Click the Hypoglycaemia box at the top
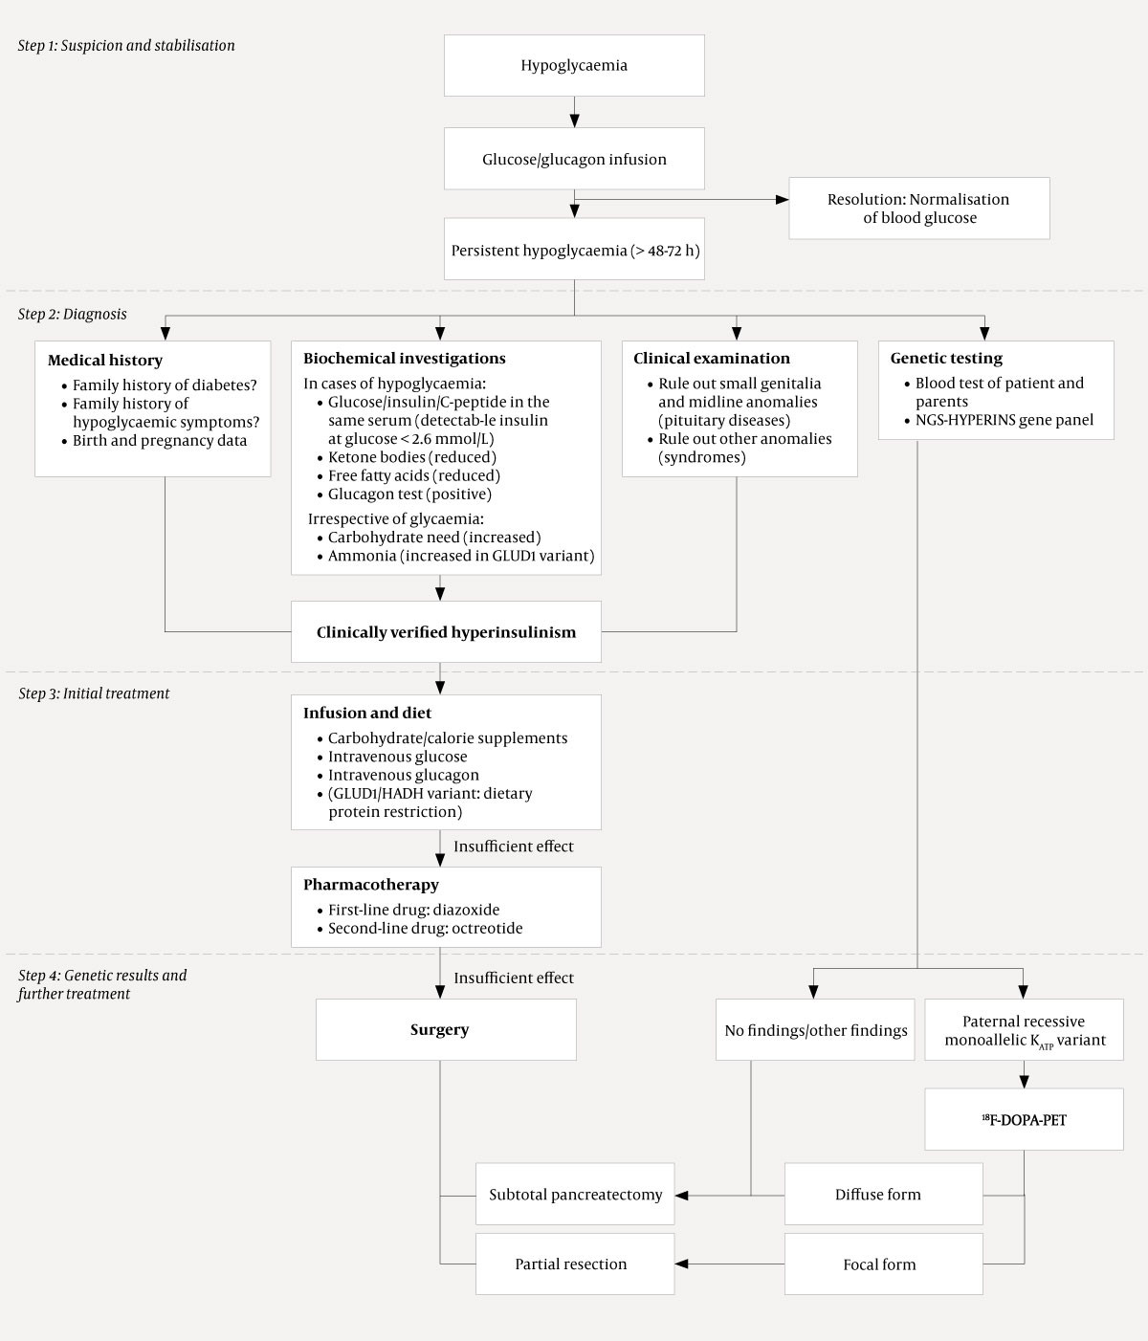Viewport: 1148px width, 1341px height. [574, 66]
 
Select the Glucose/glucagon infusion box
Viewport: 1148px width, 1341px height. [574, 159]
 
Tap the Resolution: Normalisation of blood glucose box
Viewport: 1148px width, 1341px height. [918, 209]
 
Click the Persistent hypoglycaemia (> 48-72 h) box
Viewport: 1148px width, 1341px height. [574, 252]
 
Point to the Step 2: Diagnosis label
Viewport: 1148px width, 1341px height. [72, 315]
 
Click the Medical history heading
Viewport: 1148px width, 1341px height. [105, 361]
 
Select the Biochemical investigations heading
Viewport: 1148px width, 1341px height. [404, 359]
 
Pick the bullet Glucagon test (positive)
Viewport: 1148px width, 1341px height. [409, 495]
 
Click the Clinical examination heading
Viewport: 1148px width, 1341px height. [711, 359]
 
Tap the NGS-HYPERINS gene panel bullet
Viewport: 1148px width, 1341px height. [1004, 420]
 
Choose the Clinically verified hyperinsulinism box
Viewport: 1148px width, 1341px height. [446, 632]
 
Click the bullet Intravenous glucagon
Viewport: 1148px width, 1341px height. [403, 776]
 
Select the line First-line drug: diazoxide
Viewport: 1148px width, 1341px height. [413, 911]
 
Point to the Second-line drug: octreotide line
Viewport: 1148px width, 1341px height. [425, 929]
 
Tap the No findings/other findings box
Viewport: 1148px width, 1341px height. [816, 1030]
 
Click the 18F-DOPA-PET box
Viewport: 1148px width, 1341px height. [1024, 1120]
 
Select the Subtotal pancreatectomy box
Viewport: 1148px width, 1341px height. [575, 1195]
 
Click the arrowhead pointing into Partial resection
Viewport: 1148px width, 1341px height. [682, 1264]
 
